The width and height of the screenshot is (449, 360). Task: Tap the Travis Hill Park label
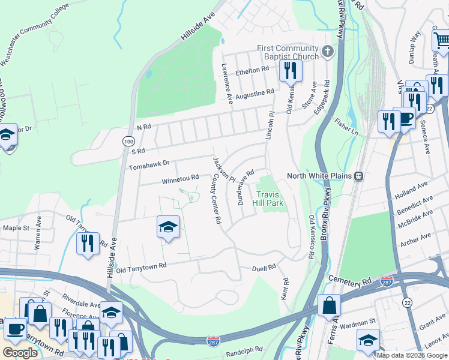click(x=269, y=199)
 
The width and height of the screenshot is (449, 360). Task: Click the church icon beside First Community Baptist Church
click(x=327, y=52)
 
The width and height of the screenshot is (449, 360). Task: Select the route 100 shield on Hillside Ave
click(x=128, y=140)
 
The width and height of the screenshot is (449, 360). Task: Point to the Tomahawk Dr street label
click(x=149, y=162)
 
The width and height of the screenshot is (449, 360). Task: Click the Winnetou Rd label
click(x=180, y=178)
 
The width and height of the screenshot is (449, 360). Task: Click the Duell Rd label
click(x=264, y=266)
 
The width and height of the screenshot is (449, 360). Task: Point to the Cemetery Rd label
click(x=351, y=280)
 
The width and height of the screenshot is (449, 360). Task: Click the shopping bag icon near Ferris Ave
click(x=329, y=305)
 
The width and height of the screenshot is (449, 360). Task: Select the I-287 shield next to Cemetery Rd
click(x=387, y=280)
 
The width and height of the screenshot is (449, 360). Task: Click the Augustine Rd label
click(x=255, y=95)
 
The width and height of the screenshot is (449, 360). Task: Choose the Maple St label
click(x=16, y=228)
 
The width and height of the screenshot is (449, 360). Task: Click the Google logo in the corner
click(x=20, y=353)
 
